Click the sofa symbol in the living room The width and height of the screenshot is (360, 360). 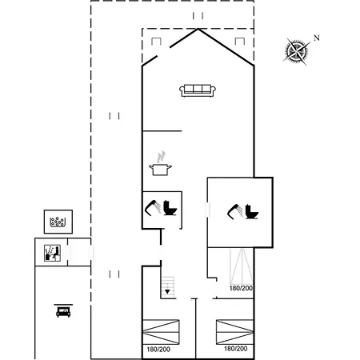(x=198, y=90)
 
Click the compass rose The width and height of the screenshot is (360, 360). (x=297, y=51)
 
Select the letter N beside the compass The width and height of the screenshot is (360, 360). (x=317, y=38)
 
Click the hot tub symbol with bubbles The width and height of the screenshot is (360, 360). (x=58, y=222)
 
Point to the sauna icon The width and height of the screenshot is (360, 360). (x=52, y=253)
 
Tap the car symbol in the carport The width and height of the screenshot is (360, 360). (x=63, y=310)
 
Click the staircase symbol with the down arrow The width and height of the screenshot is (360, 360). (x=168, y=287)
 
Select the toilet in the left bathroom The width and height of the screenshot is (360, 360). (x=170, y=208)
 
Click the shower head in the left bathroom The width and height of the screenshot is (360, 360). (x=153, y=207)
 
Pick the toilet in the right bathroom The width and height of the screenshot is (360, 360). (x=252, y=212)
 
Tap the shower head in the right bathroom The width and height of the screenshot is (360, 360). (x=235, y=212)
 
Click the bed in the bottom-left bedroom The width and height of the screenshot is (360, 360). (x=161, y=332)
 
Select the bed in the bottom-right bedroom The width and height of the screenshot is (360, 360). (x=234, y=332)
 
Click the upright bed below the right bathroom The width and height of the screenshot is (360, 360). (x=242, y=266)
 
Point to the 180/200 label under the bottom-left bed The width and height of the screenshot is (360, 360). (x=158, y=350)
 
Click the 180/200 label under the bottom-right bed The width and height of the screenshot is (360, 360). (x=236, y=349)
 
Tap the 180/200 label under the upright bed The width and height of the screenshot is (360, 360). (x=241, y=288)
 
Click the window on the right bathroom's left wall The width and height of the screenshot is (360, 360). (x=207, y=210)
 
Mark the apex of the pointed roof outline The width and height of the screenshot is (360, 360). (x=198, y=29)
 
